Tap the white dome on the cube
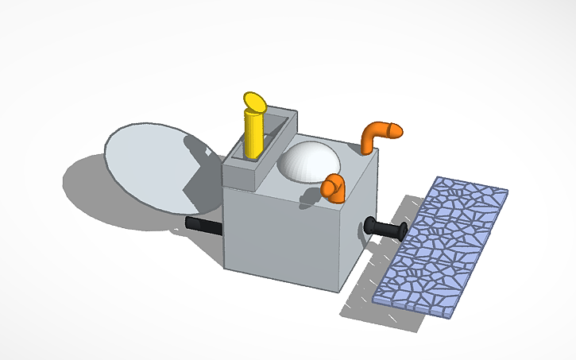coord(309,164)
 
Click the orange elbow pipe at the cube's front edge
coord(334,188)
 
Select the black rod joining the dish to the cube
coord(204,226)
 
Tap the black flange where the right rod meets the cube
coord(370,227)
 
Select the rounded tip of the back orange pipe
coord(396,130)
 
